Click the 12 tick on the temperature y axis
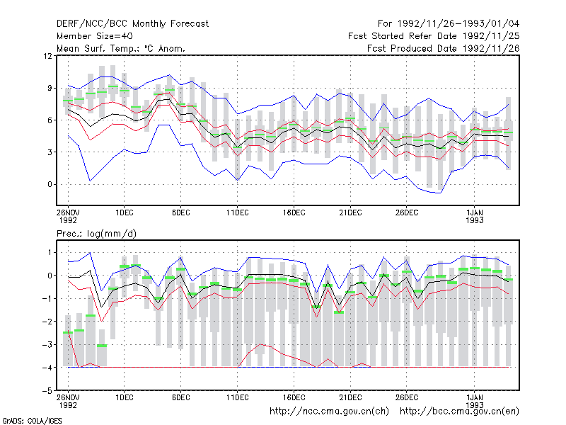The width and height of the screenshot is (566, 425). pyautogui.click(x=47, y=56)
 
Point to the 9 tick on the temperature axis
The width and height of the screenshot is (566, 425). pyautogui.click(x=50, y=88)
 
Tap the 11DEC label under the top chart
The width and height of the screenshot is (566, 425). pyautogui.click(x=237, y=212)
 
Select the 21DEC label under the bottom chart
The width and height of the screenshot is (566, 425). pyautogui.click(x=350, y=397)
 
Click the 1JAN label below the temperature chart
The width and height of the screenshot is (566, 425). pyautogui.click(x=474, y=212)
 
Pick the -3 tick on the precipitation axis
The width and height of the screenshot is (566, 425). pyautogui.click(x=47, y=344)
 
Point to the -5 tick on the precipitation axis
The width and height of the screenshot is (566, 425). pyautogui.click(x=47, y=391)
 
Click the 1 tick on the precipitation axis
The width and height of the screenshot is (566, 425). pyautogui.click(x=50, y=252)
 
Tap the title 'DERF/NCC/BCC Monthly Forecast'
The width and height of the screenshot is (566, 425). pyautogui.click(x=132, y=24)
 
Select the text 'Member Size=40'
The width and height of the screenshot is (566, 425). pyautogui.click(x=95, y=36)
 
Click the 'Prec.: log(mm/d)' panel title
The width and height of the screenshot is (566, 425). pyautogui.click(x=96, y=234)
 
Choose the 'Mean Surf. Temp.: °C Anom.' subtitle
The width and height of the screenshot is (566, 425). pyautogui.click(x=121, y=48)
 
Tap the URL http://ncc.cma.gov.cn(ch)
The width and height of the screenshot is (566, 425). pyautogui.click(x=329, y=412)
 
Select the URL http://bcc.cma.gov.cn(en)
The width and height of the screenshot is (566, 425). pyautogui.click(x=459, y=412)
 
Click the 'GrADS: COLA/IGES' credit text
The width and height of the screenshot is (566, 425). pyautogui.click(x=32, y=421)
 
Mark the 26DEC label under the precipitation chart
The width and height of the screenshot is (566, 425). pyautogui.click(x=406, y=397)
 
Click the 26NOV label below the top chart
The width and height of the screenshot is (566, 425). pyautogui.click(x=68, y=212)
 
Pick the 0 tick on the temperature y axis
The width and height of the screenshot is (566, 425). pyautogui.click(x=50, y=184)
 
